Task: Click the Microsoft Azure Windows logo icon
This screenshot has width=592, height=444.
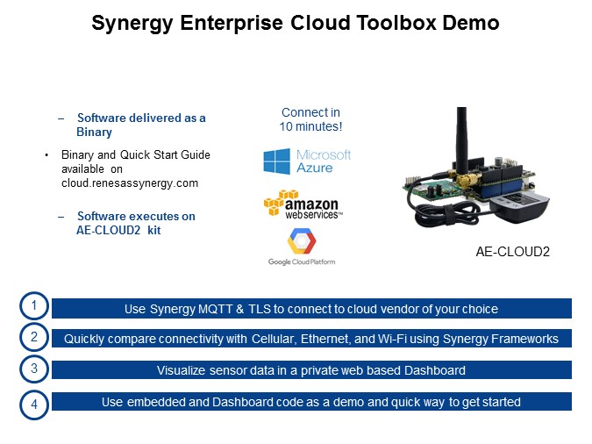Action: [277, 161]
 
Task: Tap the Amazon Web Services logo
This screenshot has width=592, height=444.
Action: [303, 204]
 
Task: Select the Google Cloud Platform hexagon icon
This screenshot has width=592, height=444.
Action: [302, 240]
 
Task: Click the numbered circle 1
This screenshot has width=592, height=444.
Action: [34, 305]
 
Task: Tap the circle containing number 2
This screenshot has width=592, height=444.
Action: [34, 337]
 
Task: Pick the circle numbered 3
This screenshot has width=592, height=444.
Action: [34, 369]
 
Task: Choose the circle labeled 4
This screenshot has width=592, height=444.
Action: [34, 405]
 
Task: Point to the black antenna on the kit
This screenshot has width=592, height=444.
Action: [461, 140]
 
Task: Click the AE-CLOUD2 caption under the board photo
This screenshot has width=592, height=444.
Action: [512, 252]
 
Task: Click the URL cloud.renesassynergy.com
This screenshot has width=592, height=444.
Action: [130, 183]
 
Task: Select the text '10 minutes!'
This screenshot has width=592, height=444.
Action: [310, 126]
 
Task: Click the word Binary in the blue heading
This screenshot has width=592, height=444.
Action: [94, 132]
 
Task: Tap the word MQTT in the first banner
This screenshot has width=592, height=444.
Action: [215, 309]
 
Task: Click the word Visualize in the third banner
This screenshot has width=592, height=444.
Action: [182, 370]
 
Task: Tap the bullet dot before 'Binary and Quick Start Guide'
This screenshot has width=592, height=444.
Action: [46, 155]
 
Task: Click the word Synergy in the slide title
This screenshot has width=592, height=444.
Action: [132, 24]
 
